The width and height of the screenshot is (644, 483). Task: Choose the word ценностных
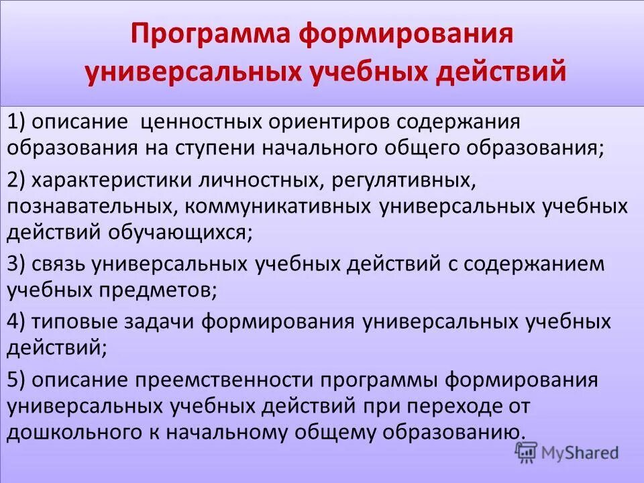[x=202, y=123]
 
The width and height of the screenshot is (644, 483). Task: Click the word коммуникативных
[x=275, y=206]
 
